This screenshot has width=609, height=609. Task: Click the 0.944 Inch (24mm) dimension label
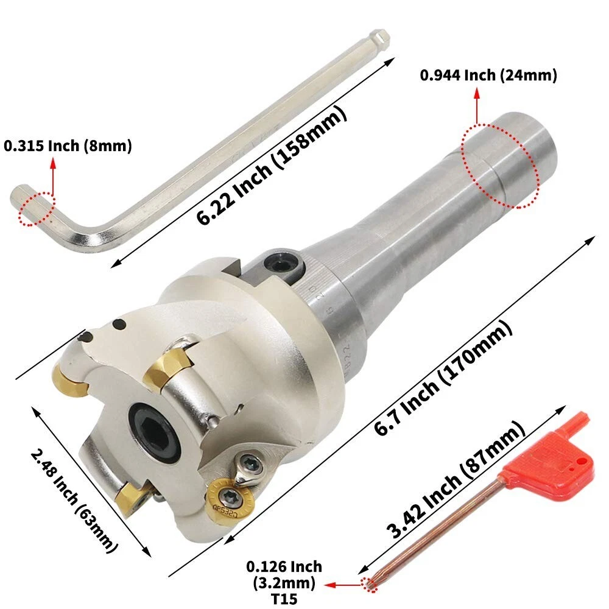[x=488, y=75]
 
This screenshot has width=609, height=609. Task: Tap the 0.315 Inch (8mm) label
[x=68, y=146]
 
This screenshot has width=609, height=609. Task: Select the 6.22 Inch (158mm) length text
[x=271, y=166]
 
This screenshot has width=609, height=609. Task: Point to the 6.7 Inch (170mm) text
[x=443, y=378]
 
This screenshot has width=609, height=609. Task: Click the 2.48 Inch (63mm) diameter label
[x=74, y=501]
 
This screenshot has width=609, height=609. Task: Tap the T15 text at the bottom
[x=284, y=599]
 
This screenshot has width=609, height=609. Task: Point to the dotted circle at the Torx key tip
[x=369, y=583]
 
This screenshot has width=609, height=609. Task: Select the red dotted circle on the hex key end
[x=37, y=209]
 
